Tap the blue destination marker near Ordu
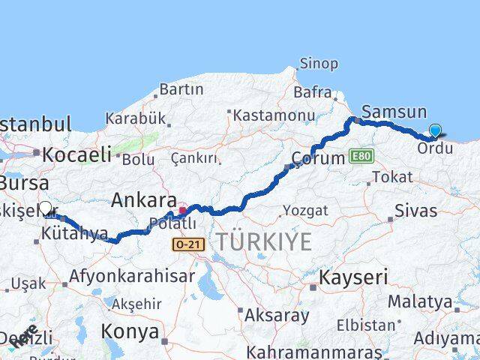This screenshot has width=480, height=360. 435,131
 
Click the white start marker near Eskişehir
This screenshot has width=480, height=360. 45,208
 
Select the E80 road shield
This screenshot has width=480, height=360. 359,157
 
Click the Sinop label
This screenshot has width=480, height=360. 319,64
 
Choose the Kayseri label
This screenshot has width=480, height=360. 354,277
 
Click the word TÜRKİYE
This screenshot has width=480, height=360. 263,242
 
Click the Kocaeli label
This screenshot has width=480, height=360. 76,155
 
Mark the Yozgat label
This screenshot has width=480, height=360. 307,211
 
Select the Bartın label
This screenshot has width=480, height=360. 181,89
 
